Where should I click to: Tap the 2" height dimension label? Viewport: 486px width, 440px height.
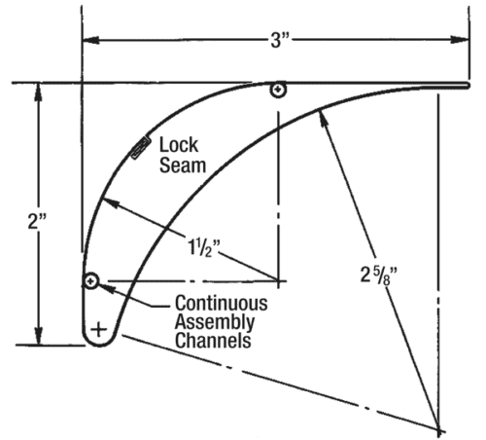(37, 222)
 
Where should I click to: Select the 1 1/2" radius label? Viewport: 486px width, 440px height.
(203, 247)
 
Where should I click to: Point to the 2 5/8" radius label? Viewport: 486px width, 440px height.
(378, 275)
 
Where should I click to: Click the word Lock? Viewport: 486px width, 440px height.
(179, 145)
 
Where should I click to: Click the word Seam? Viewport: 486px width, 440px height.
(183, 165)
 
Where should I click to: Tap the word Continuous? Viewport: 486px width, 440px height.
(222, 303)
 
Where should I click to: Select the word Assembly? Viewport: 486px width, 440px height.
(215, 322)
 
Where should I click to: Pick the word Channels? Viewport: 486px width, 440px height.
(213, 341)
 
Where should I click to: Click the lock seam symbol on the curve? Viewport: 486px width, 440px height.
(141, 147)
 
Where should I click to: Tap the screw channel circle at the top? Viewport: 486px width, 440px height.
(278, 90)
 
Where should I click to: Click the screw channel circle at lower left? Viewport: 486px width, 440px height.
(91, 280)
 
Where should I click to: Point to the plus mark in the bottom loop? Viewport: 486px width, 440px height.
(99, 330)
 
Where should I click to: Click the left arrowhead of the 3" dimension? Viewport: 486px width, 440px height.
(91, 41)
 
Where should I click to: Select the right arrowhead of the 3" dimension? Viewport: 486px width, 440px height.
(461, 40)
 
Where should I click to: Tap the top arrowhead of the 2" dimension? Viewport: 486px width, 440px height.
(39, 92)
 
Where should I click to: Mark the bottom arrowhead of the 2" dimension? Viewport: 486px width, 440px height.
(39, 336)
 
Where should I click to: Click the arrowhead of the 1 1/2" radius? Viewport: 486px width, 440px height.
(110, 202)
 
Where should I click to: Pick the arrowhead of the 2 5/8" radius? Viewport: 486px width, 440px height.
(324, 120)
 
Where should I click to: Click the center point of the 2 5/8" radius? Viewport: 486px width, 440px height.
(438, 430)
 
